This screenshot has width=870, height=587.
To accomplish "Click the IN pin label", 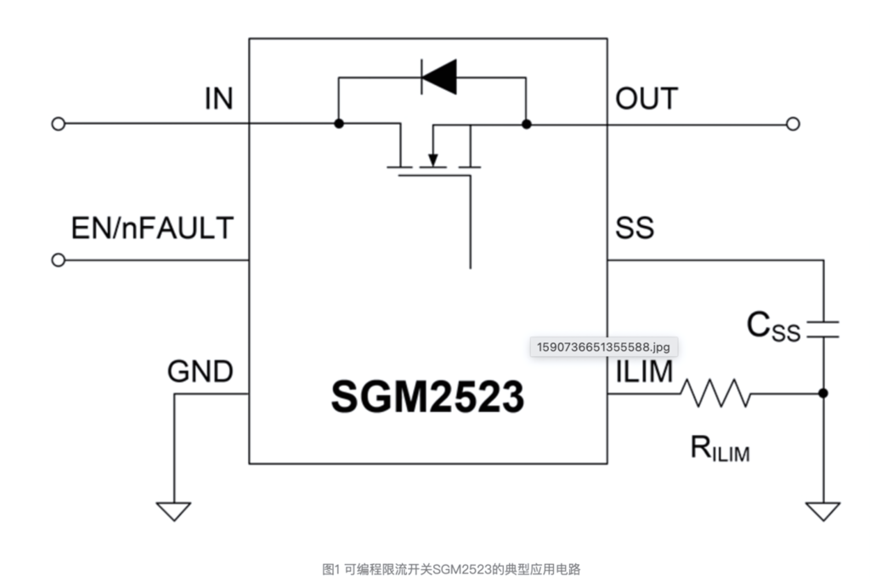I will point(218,99).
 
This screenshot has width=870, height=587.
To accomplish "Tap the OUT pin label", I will point(647,99).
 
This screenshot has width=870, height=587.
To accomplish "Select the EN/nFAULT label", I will point(153,229).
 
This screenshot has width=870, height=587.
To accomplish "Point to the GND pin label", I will point(200,372).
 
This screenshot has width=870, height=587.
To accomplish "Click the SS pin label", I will point(635,229).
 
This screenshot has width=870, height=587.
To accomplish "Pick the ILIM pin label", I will point(644,371).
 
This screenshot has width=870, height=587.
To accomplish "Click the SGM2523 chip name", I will point(427,397).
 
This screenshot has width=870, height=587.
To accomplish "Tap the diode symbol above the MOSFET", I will point(439,77).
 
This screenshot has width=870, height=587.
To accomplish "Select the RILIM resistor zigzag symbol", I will point(715,393).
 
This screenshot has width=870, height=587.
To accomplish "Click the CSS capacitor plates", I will point(822,329).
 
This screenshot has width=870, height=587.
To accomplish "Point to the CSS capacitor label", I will point(773,326).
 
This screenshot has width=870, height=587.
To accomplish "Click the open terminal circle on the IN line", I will point(58,124).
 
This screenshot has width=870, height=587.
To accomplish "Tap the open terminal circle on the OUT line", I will point(793,124).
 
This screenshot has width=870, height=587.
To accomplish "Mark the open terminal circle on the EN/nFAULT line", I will point(58,260).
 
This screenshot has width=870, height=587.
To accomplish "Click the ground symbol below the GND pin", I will point(173,510).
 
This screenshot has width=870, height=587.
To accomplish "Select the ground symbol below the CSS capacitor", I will point(822,511).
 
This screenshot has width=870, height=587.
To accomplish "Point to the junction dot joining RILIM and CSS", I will point(822,393).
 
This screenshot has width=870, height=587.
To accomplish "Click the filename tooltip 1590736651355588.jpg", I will point(603,347).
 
